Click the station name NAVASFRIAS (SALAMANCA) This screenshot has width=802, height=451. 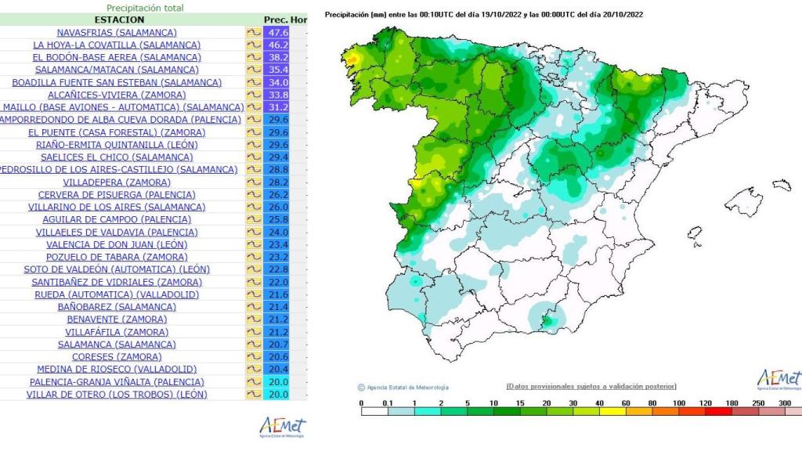click(x=117, y=32)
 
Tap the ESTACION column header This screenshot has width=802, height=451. click(x=119, y=19)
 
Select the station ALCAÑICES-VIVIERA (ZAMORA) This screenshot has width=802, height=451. click(x=117, y=95)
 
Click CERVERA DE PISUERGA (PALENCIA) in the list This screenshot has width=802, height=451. click(x=117, y=194)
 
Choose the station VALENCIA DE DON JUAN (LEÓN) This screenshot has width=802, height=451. click(x=117, y=244)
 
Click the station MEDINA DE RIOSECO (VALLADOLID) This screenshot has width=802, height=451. click(x=117, y=369)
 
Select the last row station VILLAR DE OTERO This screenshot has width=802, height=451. click(x=117, y=394)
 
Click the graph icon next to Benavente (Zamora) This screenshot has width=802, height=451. click(x=254, y=319)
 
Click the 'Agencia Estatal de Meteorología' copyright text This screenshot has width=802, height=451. click(x=403, y=387)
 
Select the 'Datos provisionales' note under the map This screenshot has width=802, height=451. click(x=591, y=386)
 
